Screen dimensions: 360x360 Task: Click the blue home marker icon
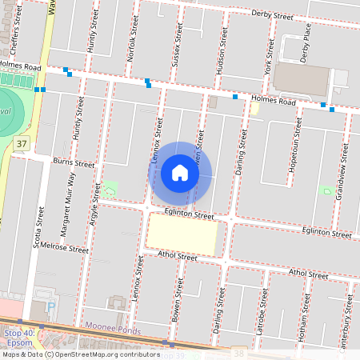[180, 173]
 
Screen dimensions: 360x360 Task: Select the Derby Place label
[305, 43]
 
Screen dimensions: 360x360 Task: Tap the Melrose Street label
[64, 248]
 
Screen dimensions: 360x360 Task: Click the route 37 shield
[21, 144]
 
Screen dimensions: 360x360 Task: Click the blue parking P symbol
[53, 306]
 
